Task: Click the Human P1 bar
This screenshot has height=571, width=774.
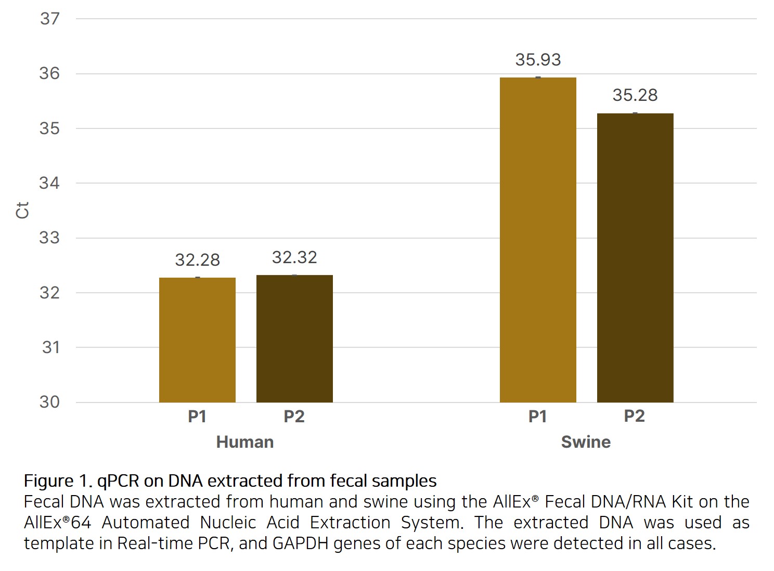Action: (x=197, y=340)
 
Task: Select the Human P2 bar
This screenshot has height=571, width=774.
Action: (x=294, y=339)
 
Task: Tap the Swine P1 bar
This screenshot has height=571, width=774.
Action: (x=538, y=240)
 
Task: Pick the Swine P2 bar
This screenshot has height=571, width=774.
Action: (x=635, y=258)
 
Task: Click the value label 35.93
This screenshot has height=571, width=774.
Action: (x=538, y=60)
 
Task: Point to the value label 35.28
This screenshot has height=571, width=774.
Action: (x=635, y=95)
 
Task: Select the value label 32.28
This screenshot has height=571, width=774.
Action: (x=197, y=259)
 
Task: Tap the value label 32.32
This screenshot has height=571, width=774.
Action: (x=294, y=257)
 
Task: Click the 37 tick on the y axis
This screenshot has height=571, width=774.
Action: (x=50, y=19)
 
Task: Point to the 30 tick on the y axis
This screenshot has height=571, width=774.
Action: (x=50, y=402)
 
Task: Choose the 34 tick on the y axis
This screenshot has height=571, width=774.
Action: (x=50, y=183)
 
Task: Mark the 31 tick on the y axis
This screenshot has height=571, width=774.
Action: (x=51, y=347)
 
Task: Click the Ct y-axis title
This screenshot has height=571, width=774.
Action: (x=22, y=211)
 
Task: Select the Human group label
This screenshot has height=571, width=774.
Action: (x=245, y=442)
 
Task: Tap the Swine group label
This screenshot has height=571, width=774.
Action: (x=586, y=442)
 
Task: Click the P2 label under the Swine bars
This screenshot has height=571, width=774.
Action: (x=635, y=416)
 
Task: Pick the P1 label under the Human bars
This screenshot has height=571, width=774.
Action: (x=197, y=417)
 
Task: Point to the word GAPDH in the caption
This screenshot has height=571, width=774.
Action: (x=301, y=543)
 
